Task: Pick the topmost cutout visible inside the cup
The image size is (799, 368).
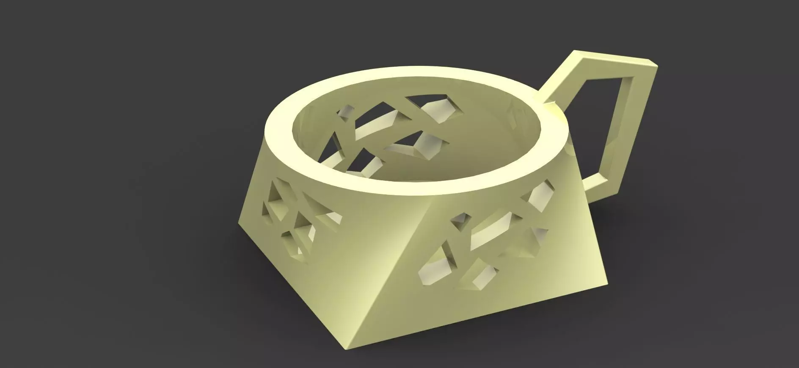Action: pyautogui.click(x=440, y=108)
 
